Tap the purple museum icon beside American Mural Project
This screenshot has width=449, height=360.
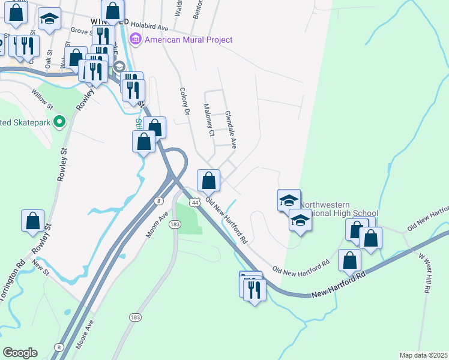coord(136,40)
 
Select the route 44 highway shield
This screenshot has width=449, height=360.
coord(194,203)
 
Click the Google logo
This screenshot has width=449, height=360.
coord(20,353)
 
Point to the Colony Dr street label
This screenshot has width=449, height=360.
coord(184,101)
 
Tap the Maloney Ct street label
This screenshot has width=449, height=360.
coord(208,120)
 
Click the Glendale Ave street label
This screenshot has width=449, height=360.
coord(231,129)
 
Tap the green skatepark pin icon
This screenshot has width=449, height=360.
coord(59,122)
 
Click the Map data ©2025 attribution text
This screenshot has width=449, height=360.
coord(423,355)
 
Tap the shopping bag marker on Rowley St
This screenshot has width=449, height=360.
coord(32,220)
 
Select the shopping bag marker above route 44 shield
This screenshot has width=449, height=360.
coord(208,180)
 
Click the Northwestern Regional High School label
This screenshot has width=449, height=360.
coord(339,209)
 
